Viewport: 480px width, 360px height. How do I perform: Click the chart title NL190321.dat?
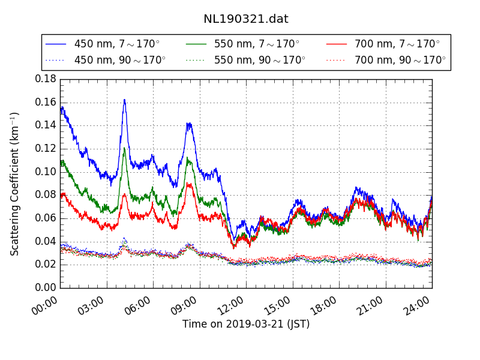(x=246, y=19)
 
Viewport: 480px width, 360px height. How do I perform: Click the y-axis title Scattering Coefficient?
(x=15, y=184)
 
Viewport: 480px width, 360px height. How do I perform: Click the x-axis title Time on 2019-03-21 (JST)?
(x=246, y=324)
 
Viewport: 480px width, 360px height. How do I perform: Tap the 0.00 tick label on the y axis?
(x=46, y=288)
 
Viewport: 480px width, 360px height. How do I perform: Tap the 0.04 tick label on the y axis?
(x=46, y=241)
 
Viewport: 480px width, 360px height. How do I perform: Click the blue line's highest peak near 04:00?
(x=124, y=100)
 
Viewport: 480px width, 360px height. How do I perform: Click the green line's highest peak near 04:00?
(x=124, y=148)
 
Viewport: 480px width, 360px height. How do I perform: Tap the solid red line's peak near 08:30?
(x=188, y=184)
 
